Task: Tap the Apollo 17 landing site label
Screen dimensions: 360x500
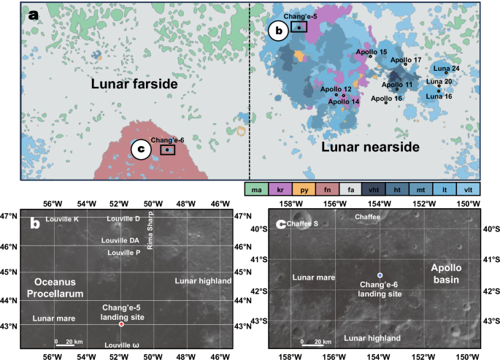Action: [x=406, y=59]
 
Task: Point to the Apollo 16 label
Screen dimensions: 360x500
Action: [x=387, y=98]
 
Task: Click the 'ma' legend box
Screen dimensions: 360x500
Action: [x=256, y=189]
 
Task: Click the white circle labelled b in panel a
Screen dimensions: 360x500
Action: [x=278, y=31]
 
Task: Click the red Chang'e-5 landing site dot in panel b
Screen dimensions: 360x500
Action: [x=121, y=323]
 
